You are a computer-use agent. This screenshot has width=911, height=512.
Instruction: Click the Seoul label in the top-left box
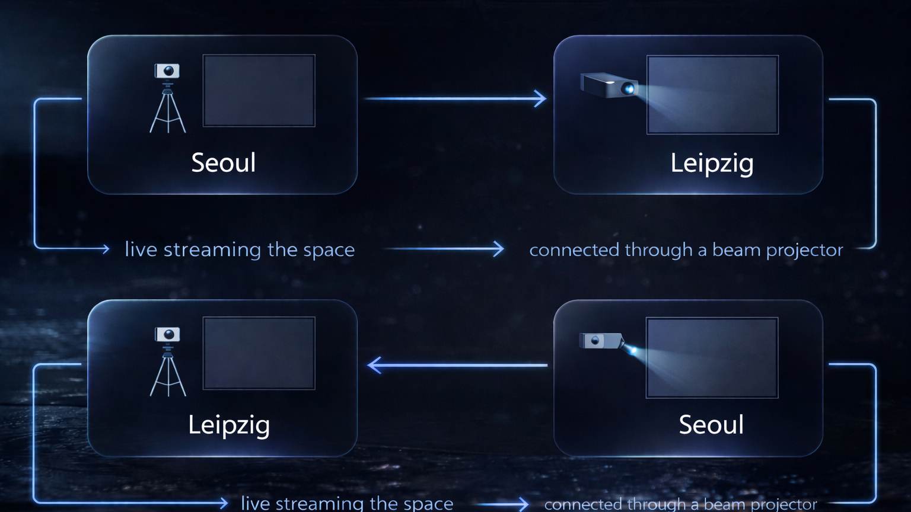point(224,162)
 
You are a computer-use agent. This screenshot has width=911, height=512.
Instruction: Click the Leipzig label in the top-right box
point(712,164)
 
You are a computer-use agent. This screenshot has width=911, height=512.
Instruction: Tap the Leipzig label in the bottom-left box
point(229,425)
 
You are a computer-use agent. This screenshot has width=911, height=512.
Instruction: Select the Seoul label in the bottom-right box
point(711,425)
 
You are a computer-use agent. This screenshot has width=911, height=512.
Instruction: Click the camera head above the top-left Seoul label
point(167,71)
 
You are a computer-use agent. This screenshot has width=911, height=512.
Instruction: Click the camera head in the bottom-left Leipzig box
point(167,334)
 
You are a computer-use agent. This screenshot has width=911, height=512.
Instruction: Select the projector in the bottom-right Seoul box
point(601,341)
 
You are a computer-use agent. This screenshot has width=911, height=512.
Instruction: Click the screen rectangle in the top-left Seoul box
point(259,91)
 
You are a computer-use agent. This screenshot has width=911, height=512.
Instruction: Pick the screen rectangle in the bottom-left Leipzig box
point(259,353)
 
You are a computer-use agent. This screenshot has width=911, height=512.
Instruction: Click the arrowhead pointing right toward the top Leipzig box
point(540,98)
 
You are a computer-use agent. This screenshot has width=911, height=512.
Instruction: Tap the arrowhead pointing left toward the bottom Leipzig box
point(374,365)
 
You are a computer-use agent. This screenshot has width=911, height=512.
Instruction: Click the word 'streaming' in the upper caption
point(212,250)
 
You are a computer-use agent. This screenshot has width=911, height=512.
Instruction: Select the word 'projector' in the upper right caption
point(804,251)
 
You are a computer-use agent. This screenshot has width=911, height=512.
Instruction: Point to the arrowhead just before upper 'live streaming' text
point(105,249)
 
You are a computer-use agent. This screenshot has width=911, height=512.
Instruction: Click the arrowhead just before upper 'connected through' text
point(498,249)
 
